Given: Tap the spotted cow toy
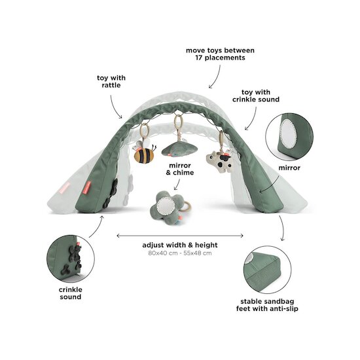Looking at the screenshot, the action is coord(219,161).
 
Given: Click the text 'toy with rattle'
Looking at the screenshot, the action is coord(111,82).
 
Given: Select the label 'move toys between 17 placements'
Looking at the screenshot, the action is coord(220,54).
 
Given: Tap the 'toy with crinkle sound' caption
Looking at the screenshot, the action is coord(256,96).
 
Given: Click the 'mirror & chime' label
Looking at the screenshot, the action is coord(180,169).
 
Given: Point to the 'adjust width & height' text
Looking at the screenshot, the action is coord(180,245).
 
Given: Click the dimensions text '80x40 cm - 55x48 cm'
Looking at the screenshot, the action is coord(180,253).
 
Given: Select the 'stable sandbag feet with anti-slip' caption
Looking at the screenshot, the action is coord(267,305).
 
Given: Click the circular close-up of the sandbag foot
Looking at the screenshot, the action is coord(267,270).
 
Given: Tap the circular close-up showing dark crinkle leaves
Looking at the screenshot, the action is coord(71,259).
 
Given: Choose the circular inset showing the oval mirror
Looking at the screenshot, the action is coord(289,137).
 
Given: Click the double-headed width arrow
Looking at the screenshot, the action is coord(180,236).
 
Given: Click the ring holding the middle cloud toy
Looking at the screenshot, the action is coord(177,123).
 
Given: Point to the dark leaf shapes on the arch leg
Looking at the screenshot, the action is coord(111,194).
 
